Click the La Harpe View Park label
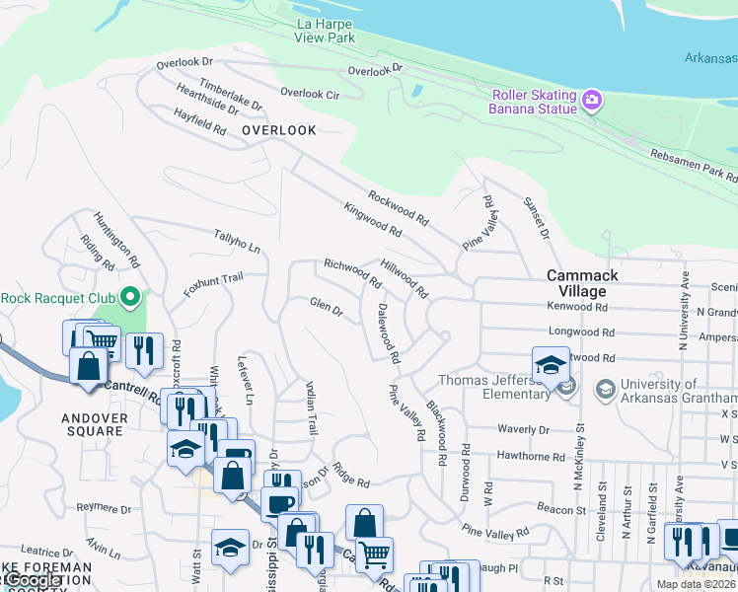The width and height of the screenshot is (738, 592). point(324,31)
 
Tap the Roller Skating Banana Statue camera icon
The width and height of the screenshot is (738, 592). point(591,99)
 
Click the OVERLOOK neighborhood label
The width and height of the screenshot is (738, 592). point(279,130)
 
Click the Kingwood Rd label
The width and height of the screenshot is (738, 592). point(373,220)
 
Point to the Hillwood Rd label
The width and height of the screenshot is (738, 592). point(405,279)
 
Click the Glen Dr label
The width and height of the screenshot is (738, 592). point(326,308)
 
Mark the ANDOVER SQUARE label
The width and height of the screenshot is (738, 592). point(95,425)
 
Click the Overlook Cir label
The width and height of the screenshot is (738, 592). point(310,94)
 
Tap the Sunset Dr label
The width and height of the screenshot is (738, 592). point(541,217)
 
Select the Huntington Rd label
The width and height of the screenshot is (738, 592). point(114,241)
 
